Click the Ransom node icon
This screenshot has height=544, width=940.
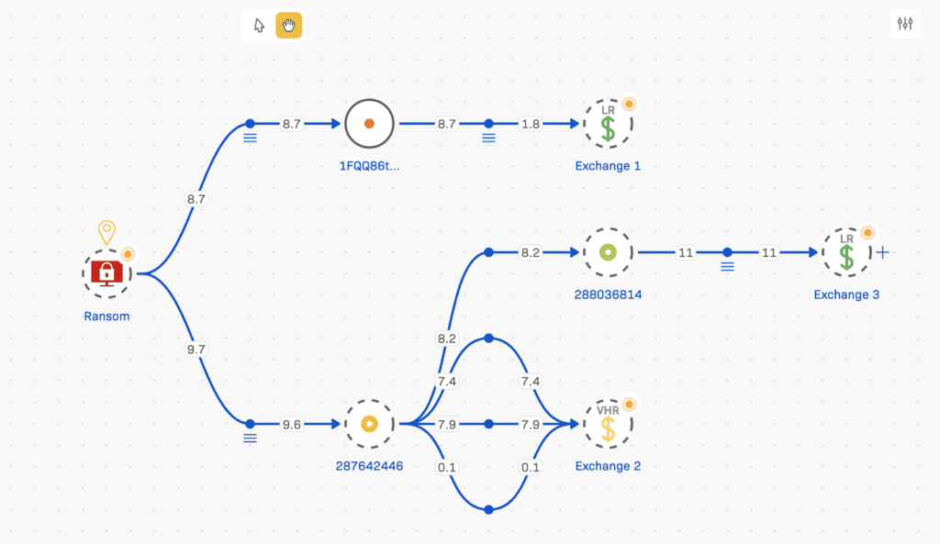click(x=107, y=272)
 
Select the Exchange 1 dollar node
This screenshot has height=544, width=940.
click(x=608, y=124)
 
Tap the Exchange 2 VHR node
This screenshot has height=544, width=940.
click(x=608, y=424)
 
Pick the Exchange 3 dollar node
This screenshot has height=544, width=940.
click(x=846, y=252)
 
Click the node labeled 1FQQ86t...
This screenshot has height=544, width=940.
click(x=369, y=124)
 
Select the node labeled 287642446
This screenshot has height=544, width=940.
click(x=369, y=424)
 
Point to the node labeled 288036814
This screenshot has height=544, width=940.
click(x=608, y=252)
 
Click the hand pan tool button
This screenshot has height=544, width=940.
click(x=289, y=25)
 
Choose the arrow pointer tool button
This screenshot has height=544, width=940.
click(x=259, y=25)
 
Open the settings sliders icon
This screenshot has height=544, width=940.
click(x=905, y=24)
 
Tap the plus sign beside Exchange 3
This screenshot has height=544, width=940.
click(x=883, y=252)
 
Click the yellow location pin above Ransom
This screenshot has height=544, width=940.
click(x=106, y=232)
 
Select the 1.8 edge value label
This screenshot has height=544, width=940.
click(x=531, y=124)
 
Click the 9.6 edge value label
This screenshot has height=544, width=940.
click(x=291, y=424)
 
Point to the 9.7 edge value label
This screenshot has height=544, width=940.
click(x=196, y=350)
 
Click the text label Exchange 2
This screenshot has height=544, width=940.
click(x=608, y=466)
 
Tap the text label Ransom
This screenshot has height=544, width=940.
click(x=106, y=316)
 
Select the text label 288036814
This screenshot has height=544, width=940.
click(x=608, y=294)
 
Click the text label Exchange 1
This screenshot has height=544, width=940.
click(x=608, y=166)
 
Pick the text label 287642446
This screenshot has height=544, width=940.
click(x=369, y=466)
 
